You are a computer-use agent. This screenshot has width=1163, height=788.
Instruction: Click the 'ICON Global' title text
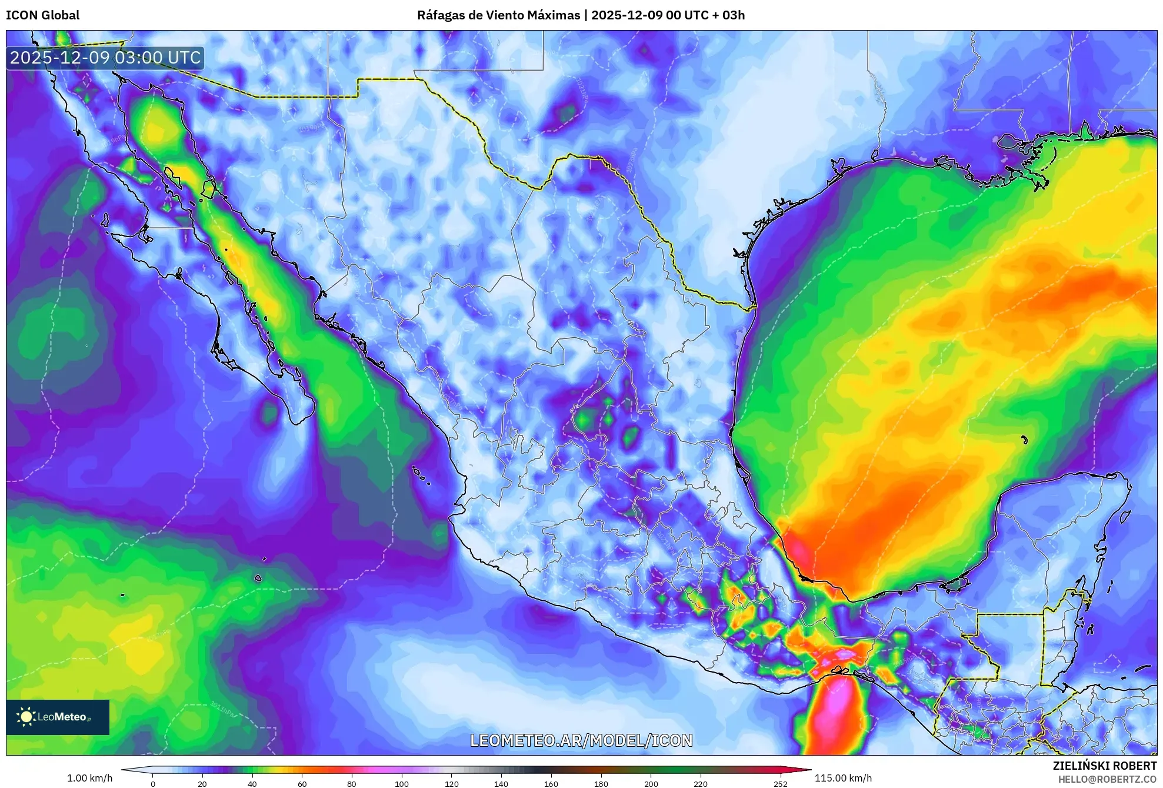coord(42,15)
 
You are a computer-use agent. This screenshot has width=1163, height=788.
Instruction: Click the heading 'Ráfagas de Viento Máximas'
coord(498,15)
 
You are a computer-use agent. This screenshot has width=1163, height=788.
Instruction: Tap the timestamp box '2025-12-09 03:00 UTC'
coord(105,58)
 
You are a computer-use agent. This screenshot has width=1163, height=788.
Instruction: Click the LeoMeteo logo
coord(58,717)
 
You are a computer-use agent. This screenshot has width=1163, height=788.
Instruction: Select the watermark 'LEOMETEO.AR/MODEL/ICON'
coord(581,740)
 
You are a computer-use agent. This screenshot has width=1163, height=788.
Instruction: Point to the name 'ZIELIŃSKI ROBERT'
coord(1104,766)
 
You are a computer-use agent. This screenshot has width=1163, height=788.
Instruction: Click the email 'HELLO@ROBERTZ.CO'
coord(1107,779)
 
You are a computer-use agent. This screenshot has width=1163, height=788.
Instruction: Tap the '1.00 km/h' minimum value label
coord(89,778)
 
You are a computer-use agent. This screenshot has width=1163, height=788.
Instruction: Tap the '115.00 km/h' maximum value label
coord(843,778)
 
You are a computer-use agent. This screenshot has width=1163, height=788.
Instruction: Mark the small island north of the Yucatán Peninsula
coord(1024,440)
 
